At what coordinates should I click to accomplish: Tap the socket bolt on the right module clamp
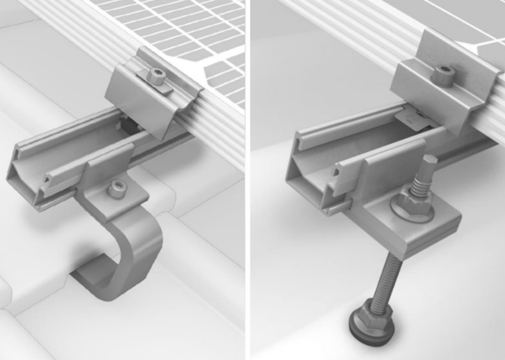coord(443,74)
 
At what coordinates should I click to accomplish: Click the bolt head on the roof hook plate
coord(117,189)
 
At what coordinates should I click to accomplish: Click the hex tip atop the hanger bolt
coord(428,164)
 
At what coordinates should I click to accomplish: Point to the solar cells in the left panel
coord(186,28)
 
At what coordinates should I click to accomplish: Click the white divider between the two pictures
coord(248,180)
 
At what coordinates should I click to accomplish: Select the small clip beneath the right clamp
coord(414,118)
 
